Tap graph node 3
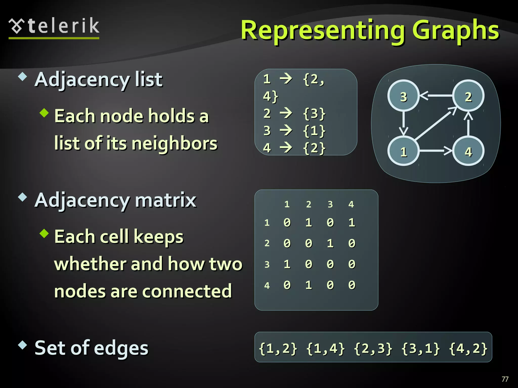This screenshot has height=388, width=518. pyautogui.click(x=403, y=96)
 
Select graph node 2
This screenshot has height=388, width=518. pyautogui.click(x=468, y=96)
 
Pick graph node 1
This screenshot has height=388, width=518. pyautogui.click(x=403, y=152)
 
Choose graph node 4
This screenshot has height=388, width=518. pyautogui.click(x=468, y=152)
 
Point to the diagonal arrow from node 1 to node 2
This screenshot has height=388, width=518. pyautogui.click(x=436, y=124)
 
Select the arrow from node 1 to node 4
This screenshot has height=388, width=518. pyautogui.click(x=436, y=151)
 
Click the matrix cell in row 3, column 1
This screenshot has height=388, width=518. pyautogui.click(x=287, y=264)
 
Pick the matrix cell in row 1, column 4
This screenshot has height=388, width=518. pyautogui.click(x=352, y=223)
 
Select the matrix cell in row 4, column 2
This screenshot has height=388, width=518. pyautogui.click(x=308, y=285)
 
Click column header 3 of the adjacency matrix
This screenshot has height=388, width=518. pyautogui.click(x=330, y=204)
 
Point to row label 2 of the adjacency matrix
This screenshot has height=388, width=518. pyautogui.click(x=267, y=243)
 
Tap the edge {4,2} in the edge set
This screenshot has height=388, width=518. pyautogui.click(x=468, y=348)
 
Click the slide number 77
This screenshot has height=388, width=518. pyautogui.click(x=505, y=379)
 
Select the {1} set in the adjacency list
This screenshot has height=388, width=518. pyautogui.click(x=314, y=131)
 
